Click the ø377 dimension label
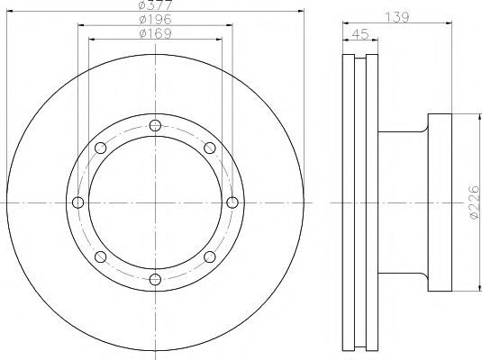[155, 4]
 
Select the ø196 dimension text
[155, 20]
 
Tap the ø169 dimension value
[155, 33]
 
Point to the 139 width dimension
[397, 17]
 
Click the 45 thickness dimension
[360, 34]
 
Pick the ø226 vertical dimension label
[474, 202]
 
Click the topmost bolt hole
[155, 126]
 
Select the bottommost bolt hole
[155, 280]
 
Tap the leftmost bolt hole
[78, 202]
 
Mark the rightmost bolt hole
[232, 202]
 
